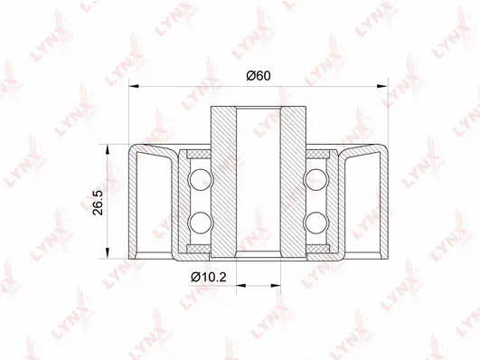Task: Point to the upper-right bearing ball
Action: coord(316,176)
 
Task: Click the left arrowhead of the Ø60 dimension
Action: coord(136,88)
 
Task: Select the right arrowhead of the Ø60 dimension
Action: coord(381,88)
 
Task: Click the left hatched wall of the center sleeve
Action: coord(223,181)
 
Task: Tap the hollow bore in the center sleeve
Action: coord(259,181)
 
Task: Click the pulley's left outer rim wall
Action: coord(136,201)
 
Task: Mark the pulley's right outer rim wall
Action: coord(381,201)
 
